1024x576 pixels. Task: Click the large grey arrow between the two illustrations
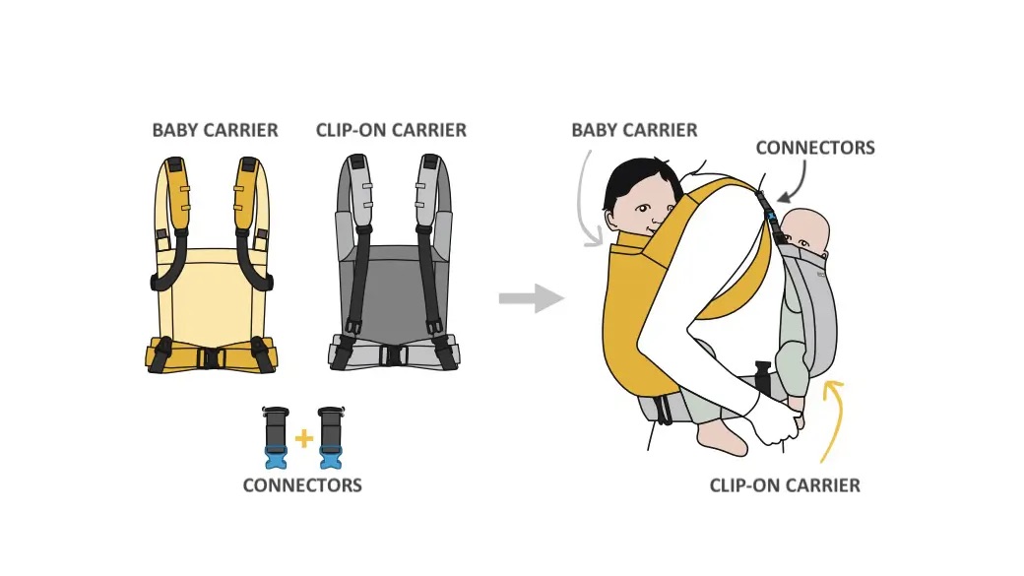[x=531, y=298]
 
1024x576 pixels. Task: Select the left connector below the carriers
[x=274, y=436]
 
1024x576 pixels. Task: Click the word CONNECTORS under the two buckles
[x=302, y=485]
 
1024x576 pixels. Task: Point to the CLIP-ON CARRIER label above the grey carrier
[x=391, y=130]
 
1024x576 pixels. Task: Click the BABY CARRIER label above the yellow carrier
[x=215, y=130]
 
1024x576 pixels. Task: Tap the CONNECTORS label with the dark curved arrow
[x=815, y=149]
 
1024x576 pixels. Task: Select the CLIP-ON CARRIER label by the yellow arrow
[x=785, y=486]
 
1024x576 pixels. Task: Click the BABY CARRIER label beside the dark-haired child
[x=634, y=130]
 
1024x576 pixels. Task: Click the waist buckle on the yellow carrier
[x=212, y=357]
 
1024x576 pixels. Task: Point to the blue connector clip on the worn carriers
[x=770, y=215]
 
